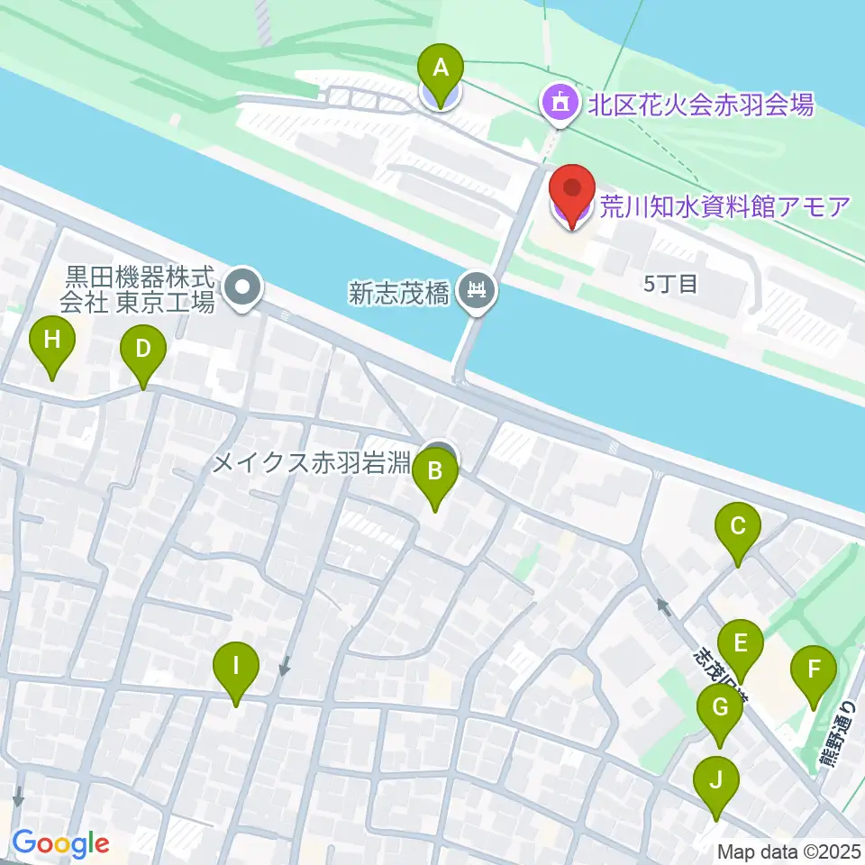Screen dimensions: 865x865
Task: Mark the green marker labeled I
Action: point(236,669)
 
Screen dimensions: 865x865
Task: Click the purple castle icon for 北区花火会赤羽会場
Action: point(558,102)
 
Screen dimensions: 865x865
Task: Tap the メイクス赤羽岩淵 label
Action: point(312,464)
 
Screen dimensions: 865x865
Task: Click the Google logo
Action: point(60,844)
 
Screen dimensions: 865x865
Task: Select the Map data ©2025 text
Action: point(788,851)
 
